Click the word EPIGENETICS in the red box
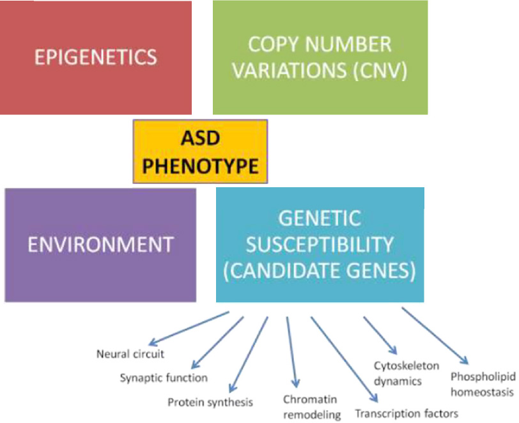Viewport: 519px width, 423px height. (x=96, y=57)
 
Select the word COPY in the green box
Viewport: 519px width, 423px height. (x=274, y=44)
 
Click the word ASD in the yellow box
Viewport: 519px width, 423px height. (x=200, y=138)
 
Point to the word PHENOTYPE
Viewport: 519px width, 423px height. (x=200, y=166)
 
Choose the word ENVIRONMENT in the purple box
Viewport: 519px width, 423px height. (x=100, y=245)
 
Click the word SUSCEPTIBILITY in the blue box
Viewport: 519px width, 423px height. (x=320, y=245)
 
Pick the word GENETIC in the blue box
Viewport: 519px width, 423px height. (x=320, y=219)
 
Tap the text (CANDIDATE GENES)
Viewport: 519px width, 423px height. (x=320, y=271)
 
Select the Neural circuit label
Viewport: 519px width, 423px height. (x=130, y=354)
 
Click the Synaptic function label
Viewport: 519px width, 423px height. (x=164, y=378)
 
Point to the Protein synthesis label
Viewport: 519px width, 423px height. (x=210, y=403)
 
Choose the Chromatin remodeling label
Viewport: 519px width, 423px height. (x=312, y=407)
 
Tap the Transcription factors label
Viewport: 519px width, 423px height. (x=407, y=413)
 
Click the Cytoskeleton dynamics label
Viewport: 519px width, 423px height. (x=407, y=374)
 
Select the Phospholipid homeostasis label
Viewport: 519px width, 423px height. (x=483, y=385)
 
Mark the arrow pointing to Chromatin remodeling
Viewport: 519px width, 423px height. (x=292, y=352)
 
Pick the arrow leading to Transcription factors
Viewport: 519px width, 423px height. (x=344, y=359)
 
